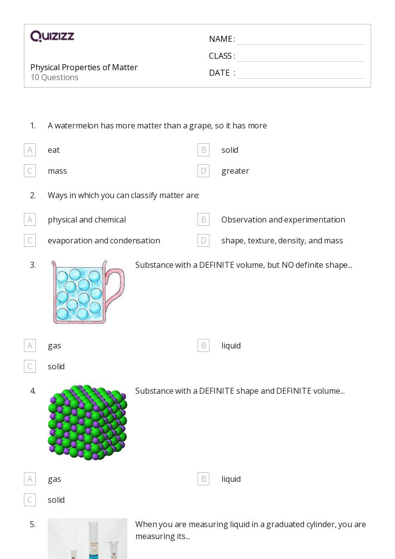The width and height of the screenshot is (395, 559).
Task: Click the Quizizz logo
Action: point(52,36)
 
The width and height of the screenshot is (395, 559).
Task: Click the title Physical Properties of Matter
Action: point(84,67)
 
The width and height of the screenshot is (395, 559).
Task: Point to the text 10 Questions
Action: point(54,78)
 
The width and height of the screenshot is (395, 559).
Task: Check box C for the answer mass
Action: point(30,171)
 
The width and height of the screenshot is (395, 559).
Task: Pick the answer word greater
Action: point(235,171)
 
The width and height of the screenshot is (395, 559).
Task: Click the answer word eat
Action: point(54,150)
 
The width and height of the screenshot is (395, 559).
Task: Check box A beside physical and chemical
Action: point(30,220)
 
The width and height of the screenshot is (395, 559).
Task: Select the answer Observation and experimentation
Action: point(283,220)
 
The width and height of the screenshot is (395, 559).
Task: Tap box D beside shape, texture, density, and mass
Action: point(203,240)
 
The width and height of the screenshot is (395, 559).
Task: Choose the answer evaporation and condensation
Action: point(103,240)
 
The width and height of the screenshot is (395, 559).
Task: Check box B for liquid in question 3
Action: point(203,345)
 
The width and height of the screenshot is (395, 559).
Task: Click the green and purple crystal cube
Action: point(87,422)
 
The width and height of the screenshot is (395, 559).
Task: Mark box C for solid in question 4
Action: point(30,500)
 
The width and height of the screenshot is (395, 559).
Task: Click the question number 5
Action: point(33,524)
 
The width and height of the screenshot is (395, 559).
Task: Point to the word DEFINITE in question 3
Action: point(217,265)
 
